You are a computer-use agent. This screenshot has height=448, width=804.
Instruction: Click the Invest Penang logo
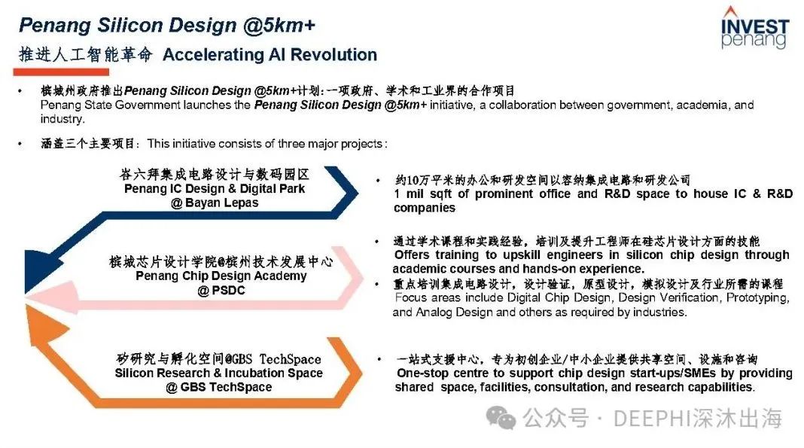point(754,28)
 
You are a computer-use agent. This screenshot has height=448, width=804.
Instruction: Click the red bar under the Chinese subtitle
point(61,72)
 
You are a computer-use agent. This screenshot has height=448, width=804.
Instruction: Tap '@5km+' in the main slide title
point(279,25)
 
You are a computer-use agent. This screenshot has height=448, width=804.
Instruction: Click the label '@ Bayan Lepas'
point(215,203)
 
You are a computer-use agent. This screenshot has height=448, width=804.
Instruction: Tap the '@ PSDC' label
point(221,291)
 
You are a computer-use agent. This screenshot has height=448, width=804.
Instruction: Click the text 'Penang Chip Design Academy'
point(221,276)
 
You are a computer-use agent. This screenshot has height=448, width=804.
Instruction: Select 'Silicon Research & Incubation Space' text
point(219,373)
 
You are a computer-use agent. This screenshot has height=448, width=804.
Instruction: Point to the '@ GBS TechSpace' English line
point(219,388)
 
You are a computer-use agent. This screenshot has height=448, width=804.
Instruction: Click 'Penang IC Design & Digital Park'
point(215,189)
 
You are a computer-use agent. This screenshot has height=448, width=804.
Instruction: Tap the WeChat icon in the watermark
point(501,417)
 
